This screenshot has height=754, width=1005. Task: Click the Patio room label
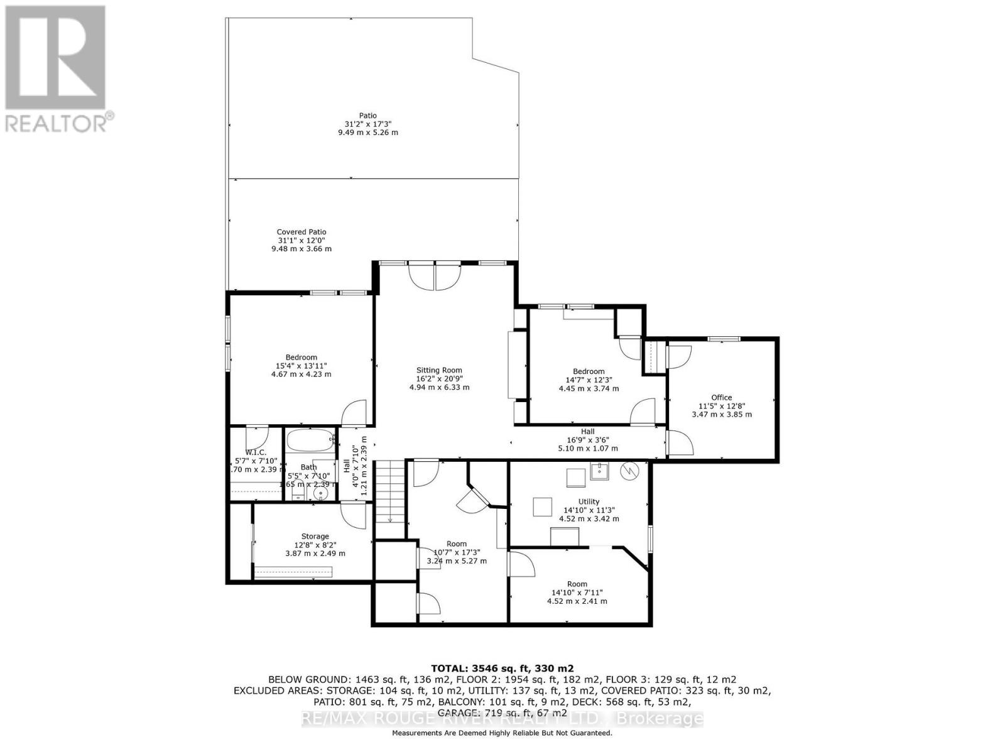coord(367,116)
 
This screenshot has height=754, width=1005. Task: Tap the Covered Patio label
coord(301,232)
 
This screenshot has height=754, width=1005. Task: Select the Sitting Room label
coord(439,370)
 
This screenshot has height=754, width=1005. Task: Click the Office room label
coord(721,397)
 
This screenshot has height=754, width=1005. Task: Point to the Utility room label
coord(589,501)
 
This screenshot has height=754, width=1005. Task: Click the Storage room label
coord(315,536)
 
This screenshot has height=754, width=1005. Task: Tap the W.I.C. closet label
coord(256,452)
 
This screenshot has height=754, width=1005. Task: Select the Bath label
coord(308,467)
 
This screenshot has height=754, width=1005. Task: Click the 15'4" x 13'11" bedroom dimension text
coord(301,366)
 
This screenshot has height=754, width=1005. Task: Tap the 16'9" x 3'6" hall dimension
coord(587,440)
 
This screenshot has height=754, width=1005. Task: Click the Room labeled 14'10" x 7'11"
coord(577,584)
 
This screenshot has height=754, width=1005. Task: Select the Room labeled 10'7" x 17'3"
coord(456,544)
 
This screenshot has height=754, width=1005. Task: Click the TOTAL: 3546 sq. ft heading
coord(502,668)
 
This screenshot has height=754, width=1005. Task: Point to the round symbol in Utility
coord(628,471)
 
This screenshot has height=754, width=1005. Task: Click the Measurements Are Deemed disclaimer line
coord(502,733)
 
